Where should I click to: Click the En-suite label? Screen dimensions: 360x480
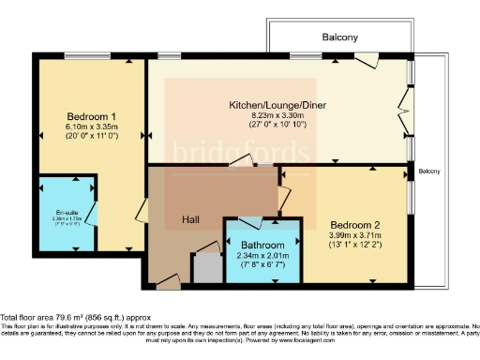(66, 211)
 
